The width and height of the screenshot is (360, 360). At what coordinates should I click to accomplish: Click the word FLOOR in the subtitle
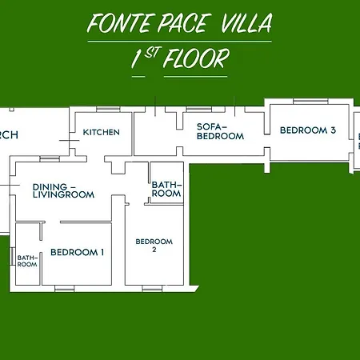197,59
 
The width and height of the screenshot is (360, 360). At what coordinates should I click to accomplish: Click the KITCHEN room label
102,132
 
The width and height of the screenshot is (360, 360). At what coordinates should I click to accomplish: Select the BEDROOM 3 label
307,130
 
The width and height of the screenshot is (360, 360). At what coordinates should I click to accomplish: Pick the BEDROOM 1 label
78,253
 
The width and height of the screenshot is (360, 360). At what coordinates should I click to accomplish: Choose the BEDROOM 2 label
154,246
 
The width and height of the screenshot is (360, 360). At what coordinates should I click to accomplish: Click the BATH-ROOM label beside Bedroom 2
166,190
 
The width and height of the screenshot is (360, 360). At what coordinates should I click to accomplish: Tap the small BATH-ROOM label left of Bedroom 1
27,261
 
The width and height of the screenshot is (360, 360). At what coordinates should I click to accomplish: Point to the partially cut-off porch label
9,135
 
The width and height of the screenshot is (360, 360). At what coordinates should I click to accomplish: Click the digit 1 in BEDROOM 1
102,253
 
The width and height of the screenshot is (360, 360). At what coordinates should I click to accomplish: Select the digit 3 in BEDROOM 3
333,130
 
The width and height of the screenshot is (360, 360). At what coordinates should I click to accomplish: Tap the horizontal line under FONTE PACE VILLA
180,40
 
